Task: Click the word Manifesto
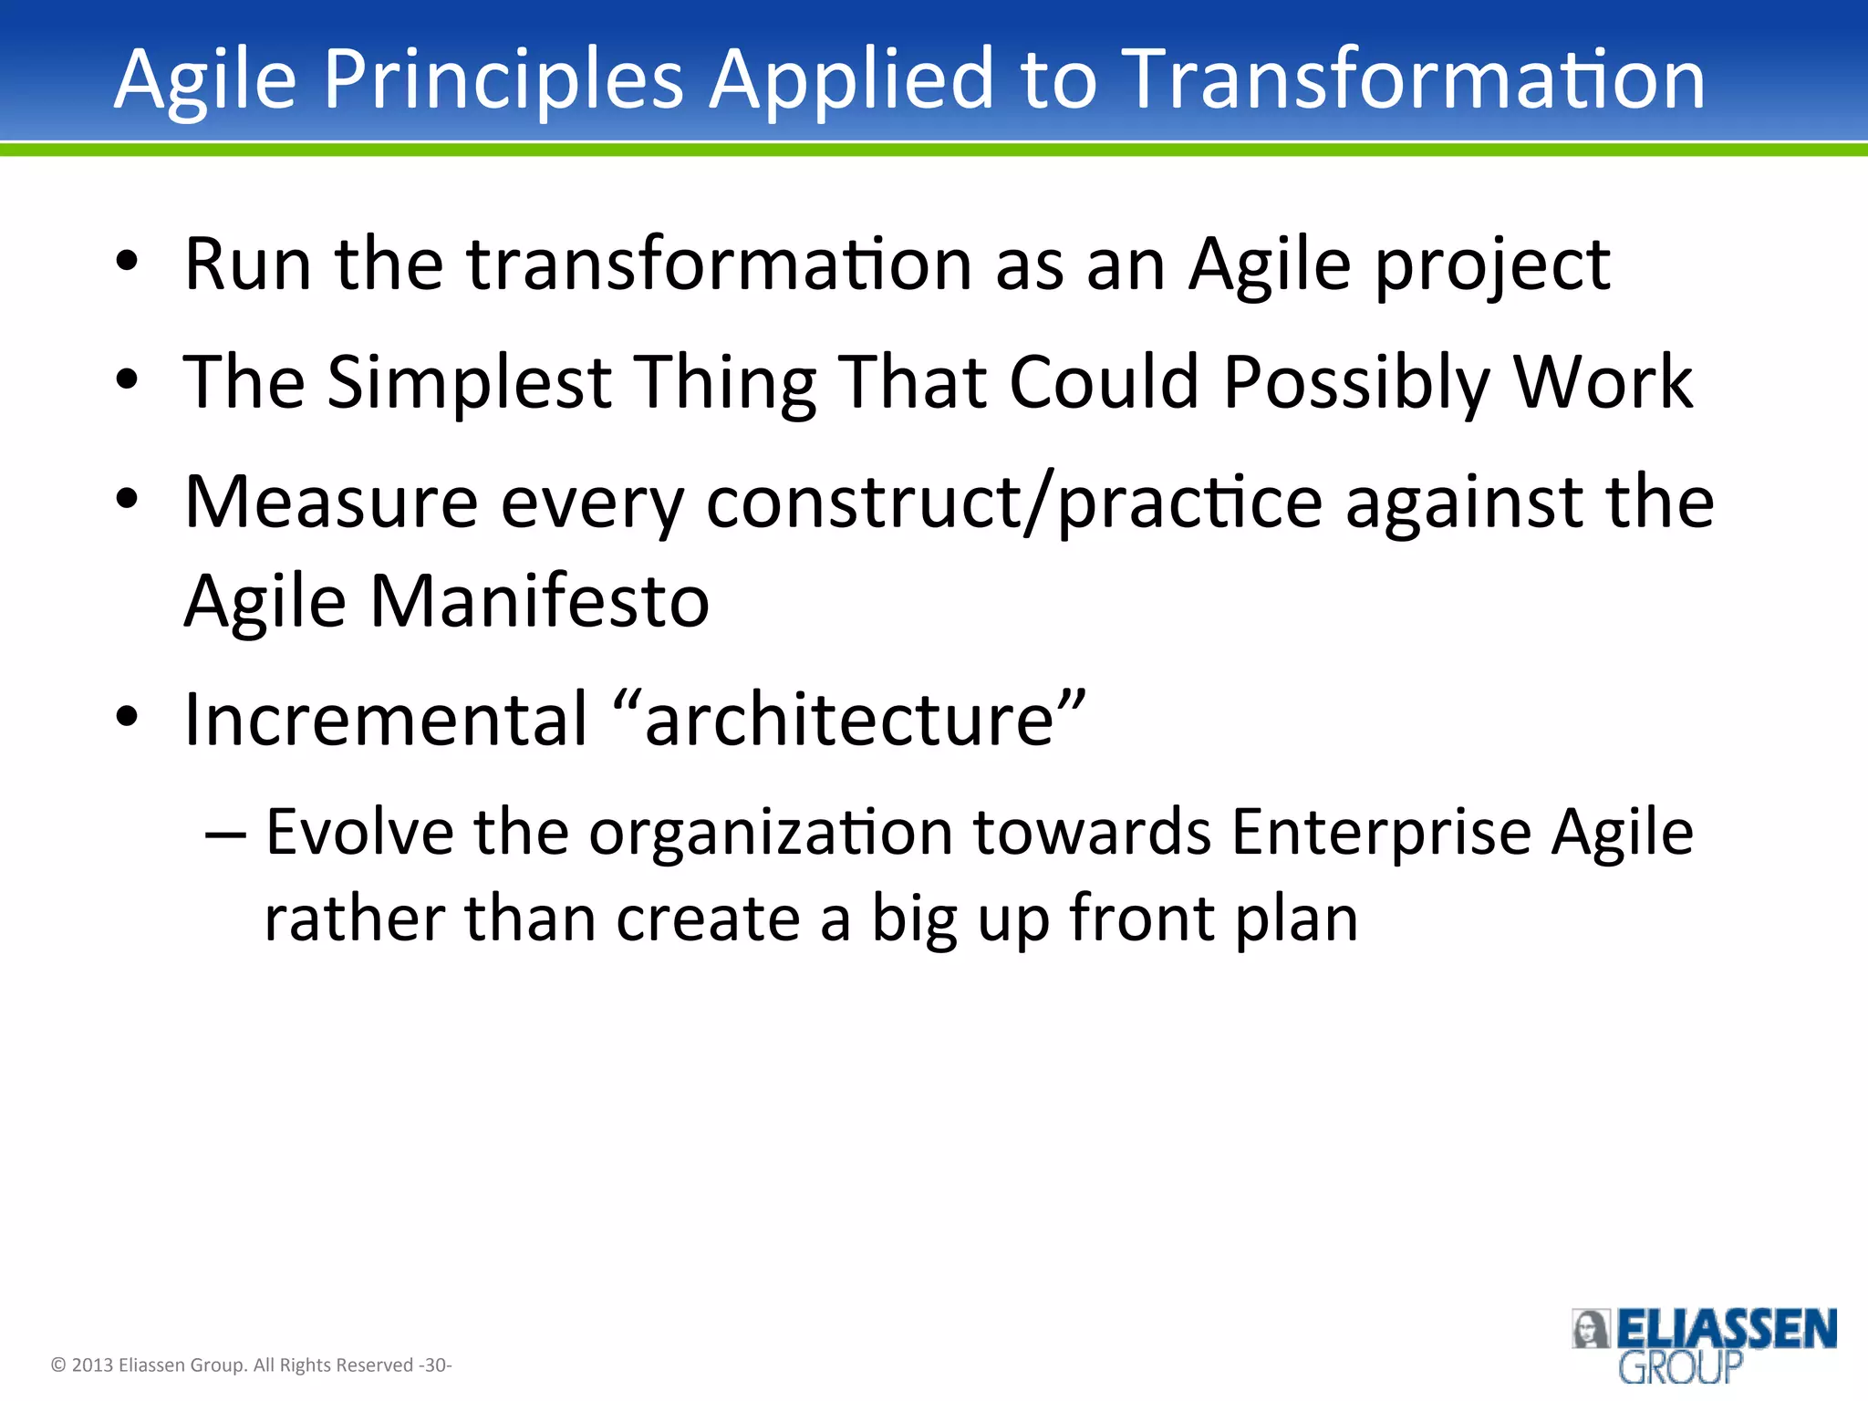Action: pyautogui.click(x=539, y=602)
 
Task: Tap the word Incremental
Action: pyautogui.click(x=387, y=720)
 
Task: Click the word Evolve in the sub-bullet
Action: pyautogui.click(x=359, y=832)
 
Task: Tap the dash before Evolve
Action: pyautogui.click(x=225, y=834)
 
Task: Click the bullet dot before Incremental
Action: pyautogui.click(x=127, y=718)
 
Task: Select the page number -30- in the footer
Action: pyautogui.click(x=435, y=1365)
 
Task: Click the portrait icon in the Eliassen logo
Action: pyautogui.click(x=1591, y=1329)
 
